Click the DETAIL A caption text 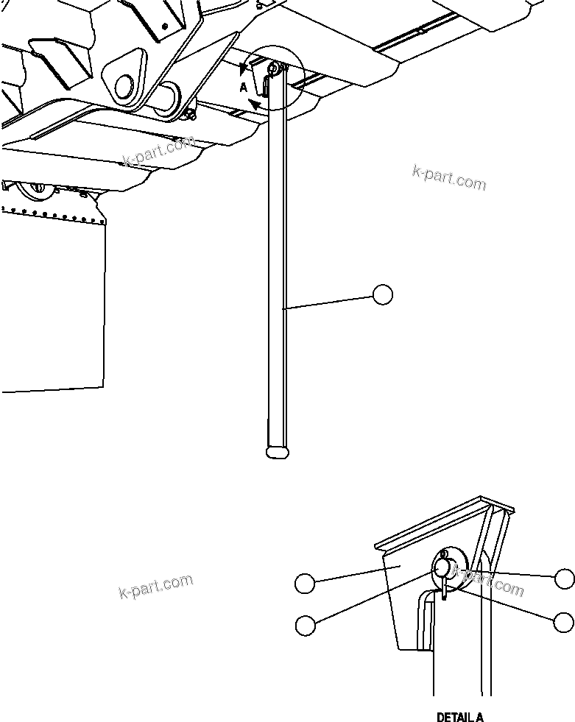coord(460,717)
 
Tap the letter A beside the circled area coord(244,87)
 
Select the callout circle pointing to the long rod coord(382,295)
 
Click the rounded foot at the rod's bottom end coord(277,452)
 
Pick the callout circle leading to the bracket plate coord(304,584)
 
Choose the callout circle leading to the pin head coord(304,625)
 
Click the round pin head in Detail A coord(443,567)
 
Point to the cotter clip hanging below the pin coord(445,589)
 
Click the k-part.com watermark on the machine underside coord(158,152)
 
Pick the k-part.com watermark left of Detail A coord(155,586)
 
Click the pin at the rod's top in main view coord(273,69)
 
